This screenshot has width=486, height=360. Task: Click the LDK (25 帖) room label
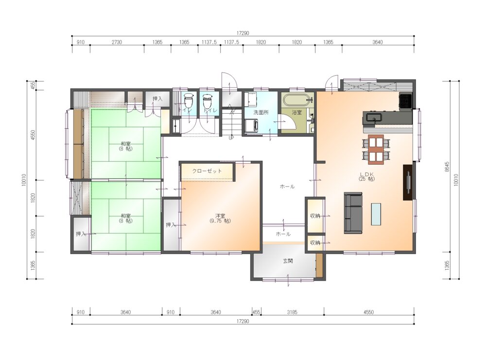tap(366, 176)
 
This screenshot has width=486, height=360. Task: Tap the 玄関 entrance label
tap(288, 261)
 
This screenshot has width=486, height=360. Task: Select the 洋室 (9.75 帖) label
tap(220, 219)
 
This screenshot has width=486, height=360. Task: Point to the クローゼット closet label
tap(207, 171)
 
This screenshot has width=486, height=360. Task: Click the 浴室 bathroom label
tap(296, 112)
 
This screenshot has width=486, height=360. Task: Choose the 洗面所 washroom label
tap(261, 112)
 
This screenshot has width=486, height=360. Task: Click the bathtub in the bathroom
tap(297, 100)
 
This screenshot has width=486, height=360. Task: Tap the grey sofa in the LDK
tap(353, 213)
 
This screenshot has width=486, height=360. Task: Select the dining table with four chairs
tap(376, 149)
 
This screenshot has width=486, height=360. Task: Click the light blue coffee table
tap(376, 214)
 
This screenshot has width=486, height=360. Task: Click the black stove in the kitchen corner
tap(405, 101)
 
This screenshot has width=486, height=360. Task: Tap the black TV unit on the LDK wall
tap(408, 182)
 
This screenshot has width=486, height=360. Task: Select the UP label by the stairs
tap(231, 138)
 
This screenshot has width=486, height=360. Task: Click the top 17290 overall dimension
tap(243, 33)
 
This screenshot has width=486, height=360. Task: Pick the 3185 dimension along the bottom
tap(292, 312)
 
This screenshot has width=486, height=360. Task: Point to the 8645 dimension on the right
tap(447, 167)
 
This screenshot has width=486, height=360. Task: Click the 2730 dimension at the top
tap(117, 42)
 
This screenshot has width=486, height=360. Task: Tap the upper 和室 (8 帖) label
tap(125, 146)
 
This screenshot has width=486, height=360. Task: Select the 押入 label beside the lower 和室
tap(81, 234)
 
